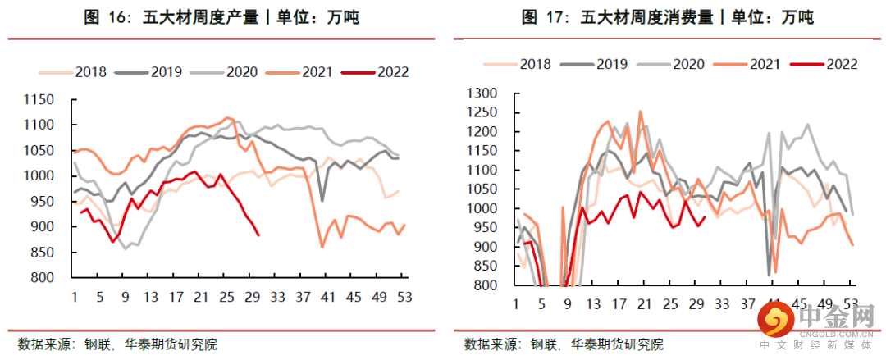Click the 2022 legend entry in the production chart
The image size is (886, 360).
pos(392,72)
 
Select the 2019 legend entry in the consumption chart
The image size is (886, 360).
pos(611,63)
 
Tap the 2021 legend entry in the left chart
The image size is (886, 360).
pos(316,72)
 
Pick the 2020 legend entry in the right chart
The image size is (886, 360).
pos(688,63)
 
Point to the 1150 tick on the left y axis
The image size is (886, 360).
pos(39,100)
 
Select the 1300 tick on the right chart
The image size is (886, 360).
pos(482,93)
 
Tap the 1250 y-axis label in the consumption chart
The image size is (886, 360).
pos(482,112)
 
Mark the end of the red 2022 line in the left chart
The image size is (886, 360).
pos(259,235)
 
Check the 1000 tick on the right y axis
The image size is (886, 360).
pos(482,208)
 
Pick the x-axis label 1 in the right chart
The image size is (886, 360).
pos(517,305)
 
